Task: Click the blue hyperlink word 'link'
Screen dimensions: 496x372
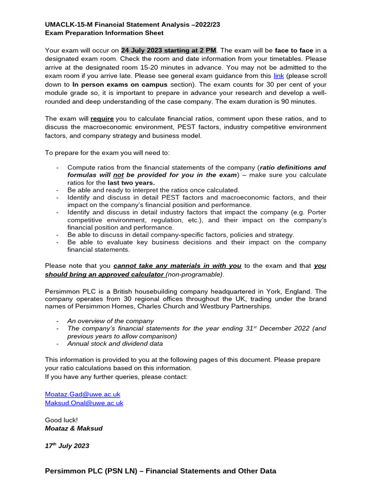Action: [279, 76]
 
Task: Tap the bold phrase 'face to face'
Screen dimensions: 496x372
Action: [294, 50]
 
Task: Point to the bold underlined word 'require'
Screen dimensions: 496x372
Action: [102, 119]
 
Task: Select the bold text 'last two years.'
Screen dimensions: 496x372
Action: [131, 183]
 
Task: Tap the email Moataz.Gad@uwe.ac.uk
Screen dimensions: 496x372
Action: [82, 395]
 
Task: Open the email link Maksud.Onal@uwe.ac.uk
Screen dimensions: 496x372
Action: [84, 403]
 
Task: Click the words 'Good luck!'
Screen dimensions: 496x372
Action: [61, 420]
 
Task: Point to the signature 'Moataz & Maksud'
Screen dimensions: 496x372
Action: [74, 428]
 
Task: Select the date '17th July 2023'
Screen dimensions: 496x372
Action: [67, 446]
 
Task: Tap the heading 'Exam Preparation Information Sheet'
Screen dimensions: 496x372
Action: [104, 33]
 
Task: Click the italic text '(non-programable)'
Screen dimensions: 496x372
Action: [195, 274]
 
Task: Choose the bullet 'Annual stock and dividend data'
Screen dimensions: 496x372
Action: [115, 344]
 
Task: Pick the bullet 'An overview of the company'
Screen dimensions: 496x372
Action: [110, 321]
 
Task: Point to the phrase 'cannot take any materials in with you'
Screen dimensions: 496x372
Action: [177, 265]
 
